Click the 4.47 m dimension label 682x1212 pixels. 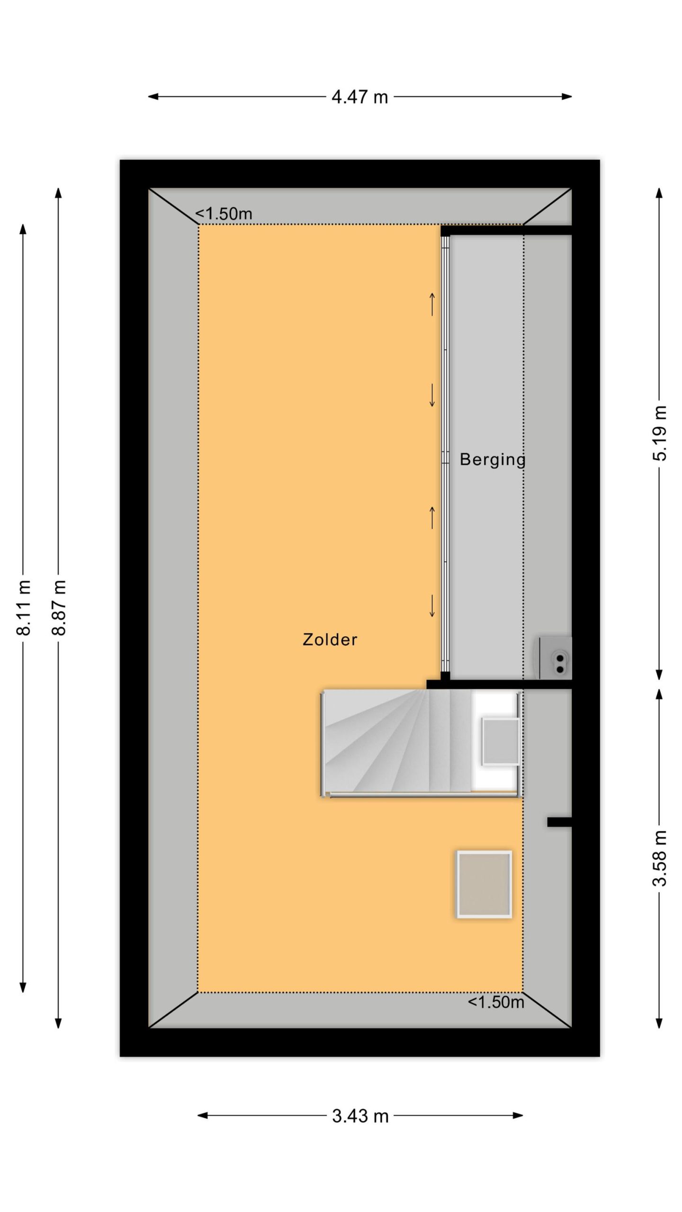pos(359,97)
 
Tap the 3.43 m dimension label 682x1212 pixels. pos(360,1115)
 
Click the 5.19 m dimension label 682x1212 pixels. pos(659,433)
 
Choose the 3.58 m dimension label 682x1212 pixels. pos(659,857)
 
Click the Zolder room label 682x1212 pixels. pos(330,640)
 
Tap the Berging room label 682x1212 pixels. pos(493,459)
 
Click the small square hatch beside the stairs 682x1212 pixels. pos(500,741)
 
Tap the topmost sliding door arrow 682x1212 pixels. pos(432,304)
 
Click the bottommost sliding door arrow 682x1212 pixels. pos(432,606)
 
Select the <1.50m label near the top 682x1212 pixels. pos(224,214)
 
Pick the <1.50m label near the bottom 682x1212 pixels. pos(496,1002)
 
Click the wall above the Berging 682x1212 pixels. pos(506,231)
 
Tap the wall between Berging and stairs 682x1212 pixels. pos(499,684)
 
